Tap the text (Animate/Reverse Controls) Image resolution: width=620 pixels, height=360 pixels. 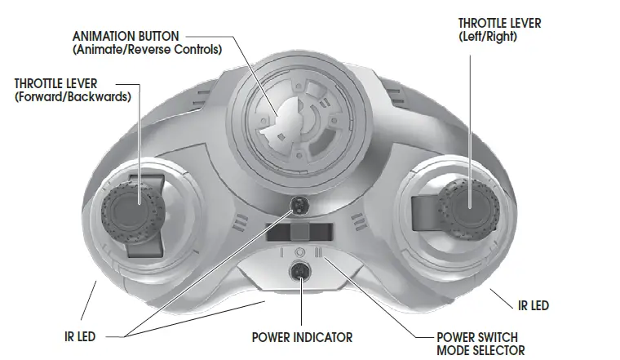pyautogui.click(x=147, y=50)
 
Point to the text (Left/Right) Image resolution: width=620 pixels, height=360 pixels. pyautogui.click(x=488, y=37)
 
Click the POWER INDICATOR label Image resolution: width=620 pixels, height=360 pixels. pyautogui.click(x=302, y=337)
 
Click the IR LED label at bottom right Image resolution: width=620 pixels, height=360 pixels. pyautogui.click(x=534, y=306)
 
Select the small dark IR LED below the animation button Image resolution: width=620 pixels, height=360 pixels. pyautogui.click(x=299, y=204)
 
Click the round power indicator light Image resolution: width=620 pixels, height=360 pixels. pyautogui.click(x=301, y=273)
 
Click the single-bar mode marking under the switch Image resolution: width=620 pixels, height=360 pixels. pyautogui.click(x=281, y=252)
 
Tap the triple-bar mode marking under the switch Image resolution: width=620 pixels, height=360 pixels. pyautogui.click(x=321, y=252)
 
